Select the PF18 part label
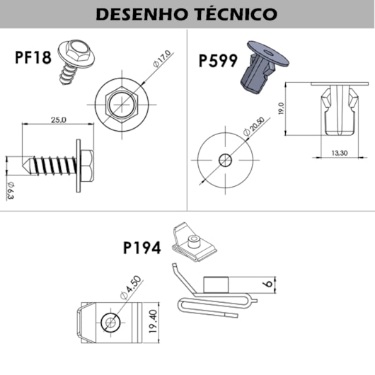(33, 57)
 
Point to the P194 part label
(142, 248)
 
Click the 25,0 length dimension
(58, 120)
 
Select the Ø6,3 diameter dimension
(10, 192)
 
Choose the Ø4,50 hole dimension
(132, 289)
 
